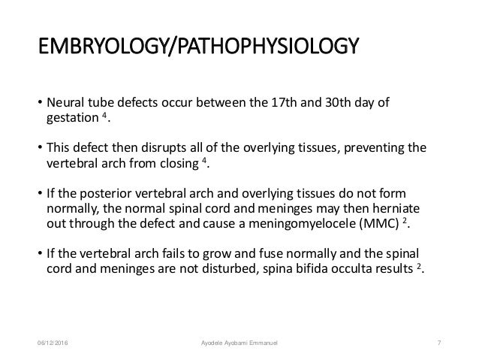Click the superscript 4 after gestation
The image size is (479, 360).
[104, 116]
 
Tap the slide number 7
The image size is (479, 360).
[438, 345]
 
